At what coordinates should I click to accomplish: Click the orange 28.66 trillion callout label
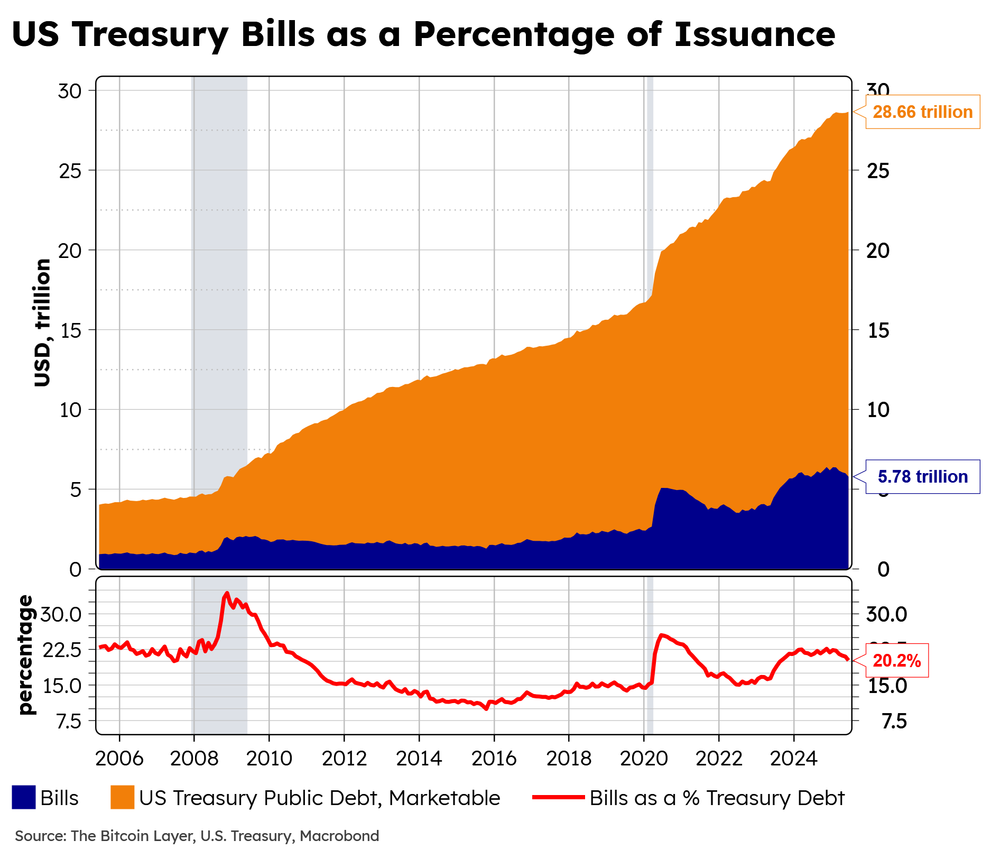pyautogui.click(x=922, y=112)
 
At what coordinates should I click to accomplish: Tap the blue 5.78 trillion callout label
pyautogui.click(x=922, y=477)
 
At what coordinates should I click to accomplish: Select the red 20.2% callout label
pyautogui.click(x=897, y=661)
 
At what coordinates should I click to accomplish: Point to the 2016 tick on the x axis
pyautogui.click(x=494, y=759)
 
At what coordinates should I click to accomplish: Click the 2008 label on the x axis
pyautogui.click(x=194, y=759)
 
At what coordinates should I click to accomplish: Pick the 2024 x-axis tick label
pyautogui.click(x=793, y=759)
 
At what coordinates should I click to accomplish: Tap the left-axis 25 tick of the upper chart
pyautogui.click(x=70, y=171)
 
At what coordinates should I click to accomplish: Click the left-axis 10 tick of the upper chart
pyautogui.click(x=70, y=410)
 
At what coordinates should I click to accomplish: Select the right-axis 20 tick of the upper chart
pyautogui.click(x=878, y=251)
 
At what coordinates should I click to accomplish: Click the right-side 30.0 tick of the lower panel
pyautogui.click(x=886, y=614)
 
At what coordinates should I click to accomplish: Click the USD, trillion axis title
pyautogui.click(x=42, y=322)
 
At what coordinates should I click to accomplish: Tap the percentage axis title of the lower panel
pyautogui.click(x=25, y=655)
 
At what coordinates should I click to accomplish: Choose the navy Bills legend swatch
pyautogui.click(x=24, y=797)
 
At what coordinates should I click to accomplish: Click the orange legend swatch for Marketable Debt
pyautogui.click(x=122, y=797)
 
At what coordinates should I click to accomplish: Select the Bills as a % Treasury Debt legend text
pyautogui.click(x=717, y=798)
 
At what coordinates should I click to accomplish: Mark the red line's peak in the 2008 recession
pyautogui.click(x=227, y=593)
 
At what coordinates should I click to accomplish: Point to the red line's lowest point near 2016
pyautogui.click(x=486, y=709)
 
